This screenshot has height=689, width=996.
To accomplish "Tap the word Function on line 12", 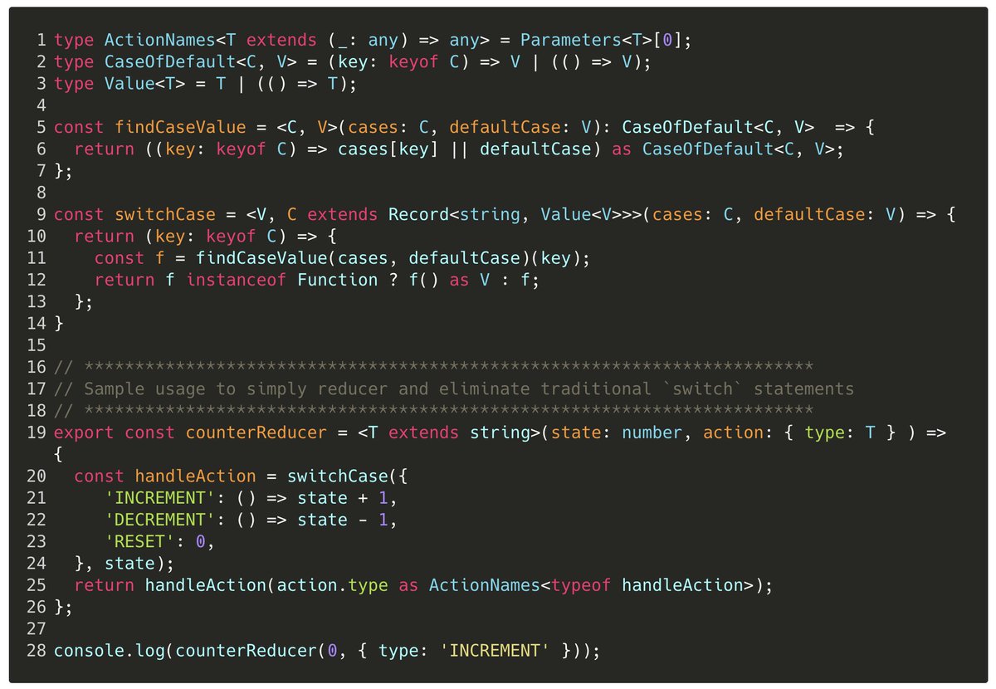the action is (x=338, y=280).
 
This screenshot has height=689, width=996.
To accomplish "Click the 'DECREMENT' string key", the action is (x=155, y=520).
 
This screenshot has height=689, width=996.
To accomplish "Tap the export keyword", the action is (x=84, y=432).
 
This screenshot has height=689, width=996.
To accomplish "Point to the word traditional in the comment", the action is (x=597, y=388).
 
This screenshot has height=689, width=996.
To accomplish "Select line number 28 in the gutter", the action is (x=37, y=651).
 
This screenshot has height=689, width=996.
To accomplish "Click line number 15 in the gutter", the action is (x=37, y=344).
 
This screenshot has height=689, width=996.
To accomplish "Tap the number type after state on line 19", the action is (x=652, y=432).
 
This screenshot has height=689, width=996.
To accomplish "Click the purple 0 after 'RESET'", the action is (x=200, y=541).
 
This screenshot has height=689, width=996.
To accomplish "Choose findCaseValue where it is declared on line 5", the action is (x=181, y=127).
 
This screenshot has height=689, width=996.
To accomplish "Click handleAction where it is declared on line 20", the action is (x=196, y=476).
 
